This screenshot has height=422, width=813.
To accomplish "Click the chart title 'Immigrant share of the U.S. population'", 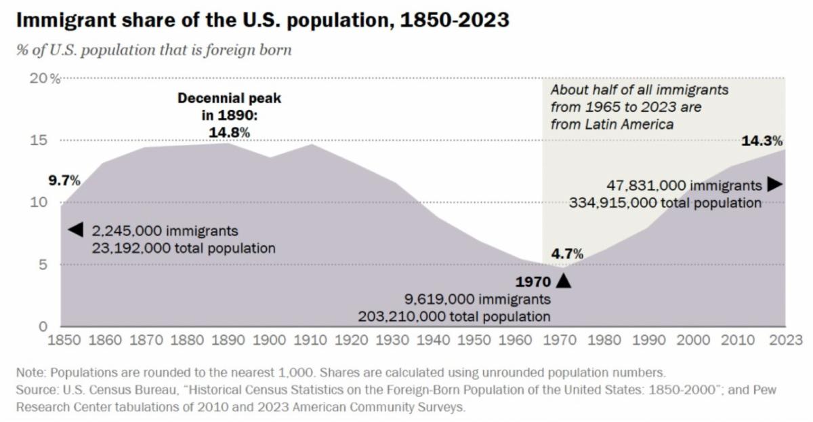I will click(x=262, y=20).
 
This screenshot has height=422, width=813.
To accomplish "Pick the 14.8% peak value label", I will click(x=229, y=132).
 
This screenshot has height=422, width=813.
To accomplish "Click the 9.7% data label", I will click(x=64, y=180).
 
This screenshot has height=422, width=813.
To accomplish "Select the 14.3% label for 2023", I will click(x=762, y=141).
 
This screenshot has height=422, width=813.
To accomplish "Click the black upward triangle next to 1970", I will click(x=563, y=280).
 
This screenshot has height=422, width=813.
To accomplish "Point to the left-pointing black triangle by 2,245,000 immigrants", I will click(x=75, y=230).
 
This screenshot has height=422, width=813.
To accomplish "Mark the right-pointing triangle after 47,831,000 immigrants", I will click(x=775, y=185).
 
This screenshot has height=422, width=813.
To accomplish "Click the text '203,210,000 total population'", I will click(x=454, y=316).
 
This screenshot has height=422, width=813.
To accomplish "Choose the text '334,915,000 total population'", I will click(x=665, y=202).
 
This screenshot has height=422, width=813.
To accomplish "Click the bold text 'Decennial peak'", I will click(x=229, y=98).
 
